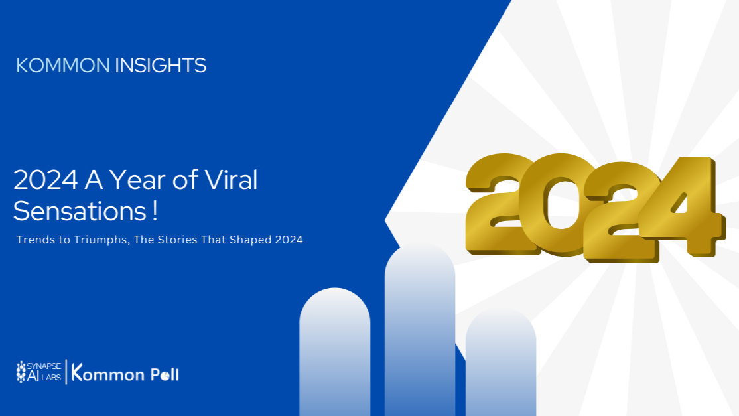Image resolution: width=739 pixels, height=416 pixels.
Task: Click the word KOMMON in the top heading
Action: tap(62, 66)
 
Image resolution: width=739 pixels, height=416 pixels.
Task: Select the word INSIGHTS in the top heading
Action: tap(161, 66)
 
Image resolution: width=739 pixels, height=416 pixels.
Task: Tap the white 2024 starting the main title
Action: tap(46, 180)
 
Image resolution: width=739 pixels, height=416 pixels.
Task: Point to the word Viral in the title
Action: tap(231, 180)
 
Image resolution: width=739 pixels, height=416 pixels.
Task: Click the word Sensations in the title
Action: tap(80, 211)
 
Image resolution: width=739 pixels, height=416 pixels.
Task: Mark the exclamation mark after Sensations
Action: tap(155, 211)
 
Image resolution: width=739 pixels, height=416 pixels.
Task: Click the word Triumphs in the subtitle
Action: tap(101, 240)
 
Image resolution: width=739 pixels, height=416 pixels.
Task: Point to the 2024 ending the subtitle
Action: tap(289, 240)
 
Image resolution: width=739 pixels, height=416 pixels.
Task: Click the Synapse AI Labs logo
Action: tap(38, 372)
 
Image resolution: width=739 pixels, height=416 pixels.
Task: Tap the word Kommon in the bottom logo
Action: tap(107, 373)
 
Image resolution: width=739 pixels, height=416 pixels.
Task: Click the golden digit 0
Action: tap(560, 204)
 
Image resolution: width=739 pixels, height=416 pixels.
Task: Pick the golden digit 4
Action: tap(681, 206)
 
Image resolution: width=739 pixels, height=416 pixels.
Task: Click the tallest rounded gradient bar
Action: tap(420, 329)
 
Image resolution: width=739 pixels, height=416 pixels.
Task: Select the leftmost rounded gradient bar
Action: tap(334, 352)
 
